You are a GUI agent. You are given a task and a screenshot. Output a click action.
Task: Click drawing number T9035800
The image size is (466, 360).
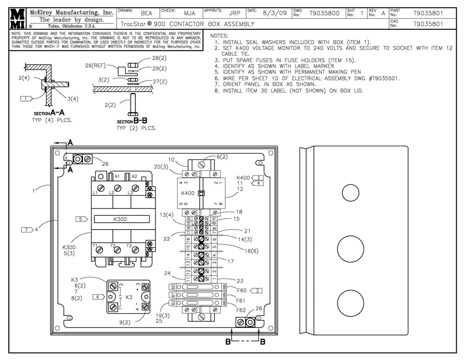point(324,14)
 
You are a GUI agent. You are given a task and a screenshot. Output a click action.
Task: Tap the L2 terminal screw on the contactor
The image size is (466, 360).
point(118,188)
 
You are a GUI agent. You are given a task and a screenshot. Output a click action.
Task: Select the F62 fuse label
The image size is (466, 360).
point(241,310)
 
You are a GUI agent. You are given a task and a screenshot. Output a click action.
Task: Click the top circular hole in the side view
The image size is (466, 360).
point(350,193)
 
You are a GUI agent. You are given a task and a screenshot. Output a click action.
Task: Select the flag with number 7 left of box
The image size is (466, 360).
point(27,229)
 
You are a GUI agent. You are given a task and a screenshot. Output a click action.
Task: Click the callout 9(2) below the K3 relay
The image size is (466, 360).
point(124,322)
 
